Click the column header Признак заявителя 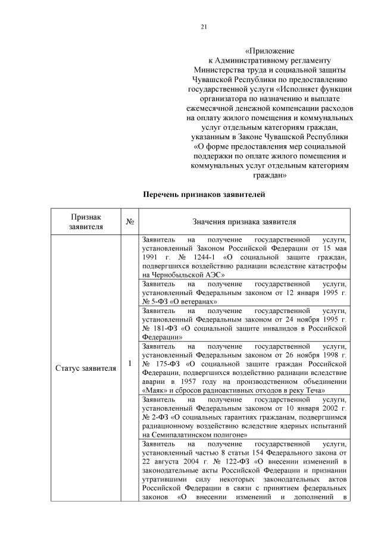pos(86,222)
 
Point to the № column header pos(130,222)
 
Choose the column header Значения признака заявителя pos(244,222)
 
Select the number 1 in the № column pos(130,363)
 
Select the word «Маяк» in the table pos(158,390)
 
